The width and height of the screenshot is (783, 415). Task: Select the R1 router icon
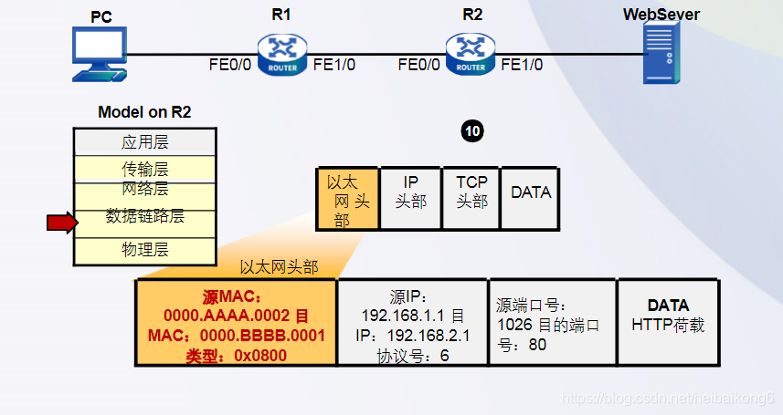point(282,54)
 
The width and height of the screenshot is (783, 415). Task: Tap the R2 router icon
point(471,54)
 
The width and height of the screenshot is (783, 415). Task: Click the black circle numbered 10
point(471,131)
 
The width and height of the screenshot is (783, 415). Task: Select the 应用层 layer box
point(144,142)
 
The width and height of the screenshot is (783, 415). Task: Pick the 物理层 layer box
point(144,250)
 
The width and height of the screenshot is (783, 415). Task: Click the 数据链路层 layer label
point(144,216)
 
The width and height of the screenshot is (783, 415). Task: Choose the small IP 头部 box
point(410,192)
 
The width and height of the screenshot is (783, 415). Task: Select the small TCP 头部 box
point(471,192)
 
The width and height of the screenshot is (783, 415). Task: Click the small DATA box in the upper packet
point(530,192)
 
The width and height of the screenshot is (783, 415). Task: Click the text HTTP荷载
point(668,325)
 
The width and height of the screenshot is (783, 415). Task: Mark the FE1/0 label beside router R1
point(333,65)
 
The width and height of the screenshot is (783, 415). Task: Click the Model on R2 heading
point(144,112)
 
